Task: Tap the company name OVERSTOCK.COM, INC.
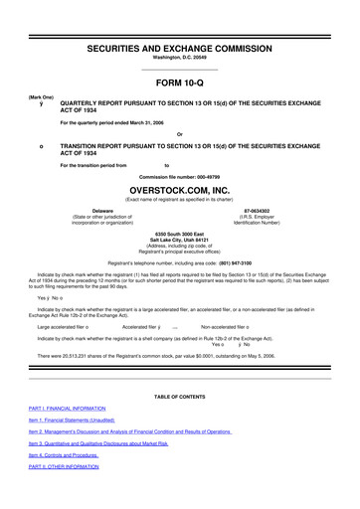180,186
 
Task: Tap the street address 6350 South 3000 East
180,234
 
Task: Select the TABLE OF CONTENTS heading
180,397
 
